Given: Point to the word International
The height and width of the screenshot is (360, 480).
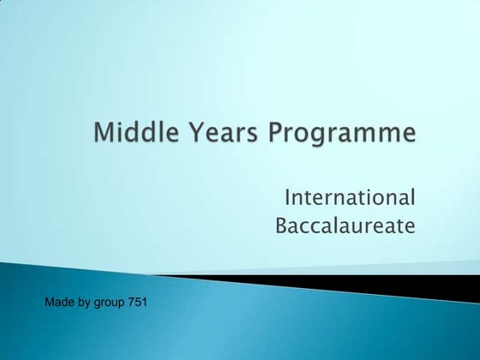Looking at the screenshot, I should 350,198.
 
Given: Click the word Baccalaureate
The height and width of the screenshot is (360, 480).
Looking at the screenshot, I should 345,226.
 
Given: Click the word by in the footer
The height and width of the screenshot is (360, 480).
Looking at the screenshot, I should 82,303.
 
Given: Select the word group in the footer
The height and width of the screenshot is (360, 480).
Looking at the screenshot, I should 109,303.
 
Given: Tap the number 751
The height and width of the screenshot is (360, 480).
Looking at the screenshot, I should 139,302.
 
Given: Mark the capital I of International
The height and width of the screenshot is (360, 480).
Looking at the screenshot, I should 287,198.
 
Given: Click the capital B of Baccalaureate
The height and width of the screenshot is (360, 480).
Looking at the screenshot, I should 282,226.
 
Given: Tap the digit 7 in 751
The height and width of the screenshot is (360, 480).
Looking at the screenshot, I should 133,302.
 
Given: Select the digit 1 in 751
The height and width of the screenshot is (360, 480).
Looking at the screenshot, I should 146,302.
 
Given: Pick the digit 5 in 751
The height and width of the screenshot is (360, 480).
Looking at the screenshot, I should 139,302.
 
